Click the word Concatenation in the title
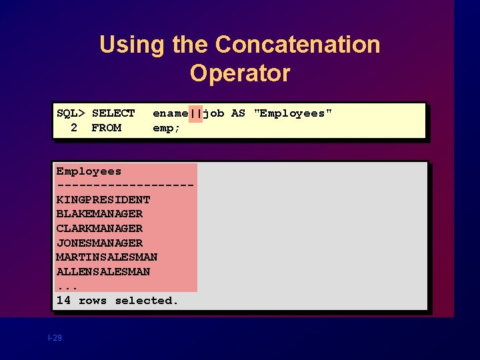(297, 45)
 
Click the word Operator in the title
(240, 73)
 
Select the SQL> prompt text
(71, 113)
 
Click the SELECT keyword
(113, 113)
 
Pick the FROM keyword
(106, 127)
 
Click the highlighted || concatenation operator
(195, 113)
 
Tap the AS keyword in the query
(238, 113)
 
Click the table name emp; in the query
(167, 127)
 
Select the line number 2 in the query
(74, 127)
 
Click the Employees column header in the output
(89, 171)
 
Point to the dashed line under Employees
(125, 185)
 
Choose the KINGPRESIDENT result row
(103, 199)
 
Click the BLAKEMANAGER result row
(99, 214)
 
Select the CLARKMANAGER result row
(99, 229)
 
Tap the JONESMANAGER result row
(99, 243)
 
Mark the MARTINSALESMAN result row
(107, 257)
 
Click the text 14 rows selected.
(117, 301)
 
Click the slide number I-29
(55, 339)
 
